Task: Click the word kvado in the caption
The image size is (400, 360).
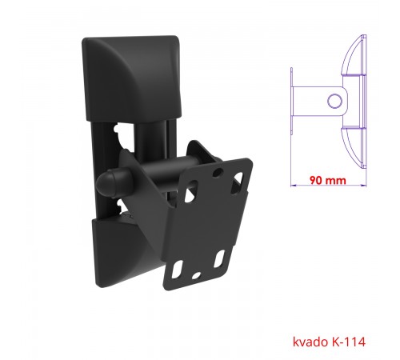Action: click(310, 342)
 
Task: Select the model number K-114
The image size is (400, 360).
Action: click(349, 342)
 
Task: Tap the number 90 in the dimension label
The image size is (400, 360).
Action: click(316, 180)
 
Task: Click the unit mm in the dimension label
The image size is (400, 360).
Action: click(336, 181)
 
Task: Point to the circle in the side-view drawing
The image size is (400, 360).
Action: click(334, 101)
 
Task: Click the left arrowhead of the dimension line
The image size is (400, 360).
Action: click(294, 185)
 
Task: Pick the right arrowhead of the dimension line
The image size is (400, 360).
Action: click(363, 185)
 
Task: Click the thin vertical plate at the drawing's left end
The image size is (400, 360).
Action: click(291, 101)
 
